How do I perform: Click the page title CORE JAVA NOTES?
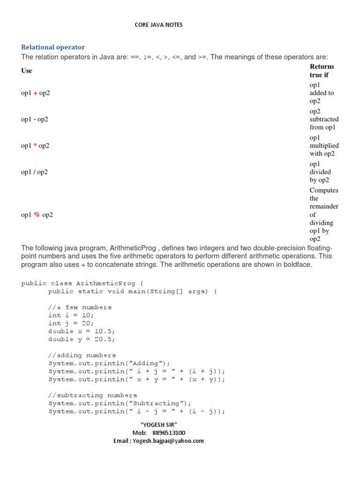[x=158, y=25]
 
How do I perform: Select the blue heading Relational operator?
[x=53, y=47]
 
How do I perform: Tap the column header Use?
[x=27, y=71]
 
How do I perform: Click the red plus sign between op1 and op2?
[x=36, y=93]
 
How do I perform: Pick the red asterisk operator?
[x=35, y=146]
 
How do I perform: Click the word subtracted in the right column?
[x=324, y=120]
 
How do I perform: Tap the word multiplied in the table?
[x=324, y=146]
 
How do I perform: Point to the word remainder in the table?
[x=324, y=207]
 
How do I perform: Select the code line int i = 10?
[x=71, y=315]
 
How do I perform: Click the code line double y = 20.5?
[x=82, y=339]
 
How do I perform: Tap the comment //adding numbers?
[x=82, y=355]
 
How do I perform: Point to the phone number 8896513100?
[x=168, y=433]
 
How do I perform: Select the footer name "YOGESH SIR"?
[x=158, y=424]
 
